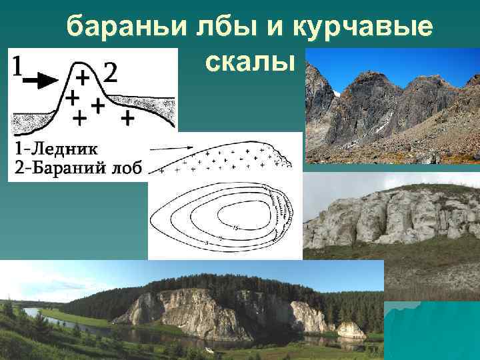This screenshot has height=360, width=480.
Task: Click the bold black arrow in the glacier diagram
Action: [x=40, y=81]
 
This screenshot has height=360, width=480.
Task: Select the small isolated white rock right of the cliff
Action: [x=350, y=329]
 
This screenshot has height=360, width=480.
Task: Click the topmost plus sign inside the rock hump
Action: [x=83, y=77]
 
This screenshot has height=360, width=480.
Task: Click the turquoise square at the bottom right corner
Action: [x=433, y=330]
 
